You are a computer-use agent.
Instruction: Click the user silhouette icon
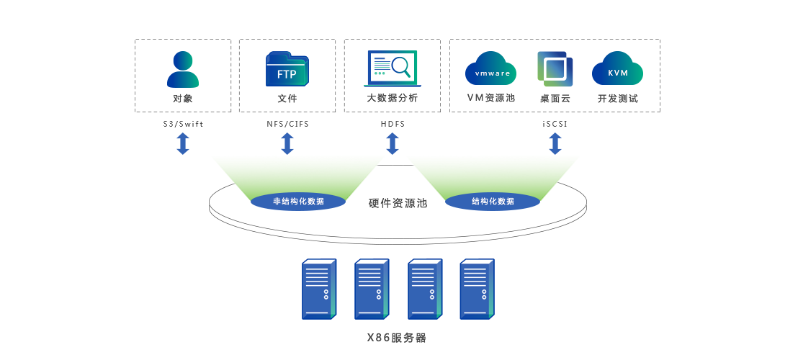coord(183,69)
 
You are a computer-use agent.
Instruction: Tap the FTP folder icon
coord(287,69)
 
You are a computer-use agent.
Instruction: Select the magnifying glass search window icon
coord(393,69)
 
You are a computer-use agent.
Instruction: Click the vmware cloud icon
coord(490,69)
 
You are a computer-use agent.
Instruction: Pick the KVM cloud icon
coord(617,69)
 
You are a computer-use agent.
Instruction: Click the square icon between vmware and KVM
coord(555,69)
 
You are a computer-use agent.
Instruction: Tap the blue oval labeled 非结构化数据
coord(298,202)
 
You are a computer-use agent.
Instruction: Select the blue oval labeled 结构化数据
coord(493,202)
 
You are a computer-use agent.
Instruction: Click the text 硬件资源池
coord(398,203)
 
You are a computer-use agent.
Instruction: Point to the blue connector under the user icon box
coord(183,143)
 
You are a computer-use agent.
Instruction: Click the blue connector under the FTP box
coord(287,143)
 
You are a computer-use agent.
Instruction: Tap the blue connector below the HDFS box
coord(393,143)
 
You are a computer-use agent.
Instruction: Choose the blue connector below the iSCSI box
coord(555,143)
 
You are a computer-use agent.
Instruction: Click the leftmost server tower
coord(318,289)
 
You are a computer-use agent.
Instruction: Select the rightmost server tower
coord(476,289)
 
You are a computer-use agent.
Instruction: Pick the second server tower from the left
coord(371,289)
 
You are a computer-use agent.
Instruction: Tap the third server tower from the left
coord(423,289)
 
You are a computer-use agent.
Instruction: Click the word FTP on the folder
coord(287,74)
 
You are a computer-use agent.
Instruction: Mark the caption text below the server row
coord(397,337)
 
